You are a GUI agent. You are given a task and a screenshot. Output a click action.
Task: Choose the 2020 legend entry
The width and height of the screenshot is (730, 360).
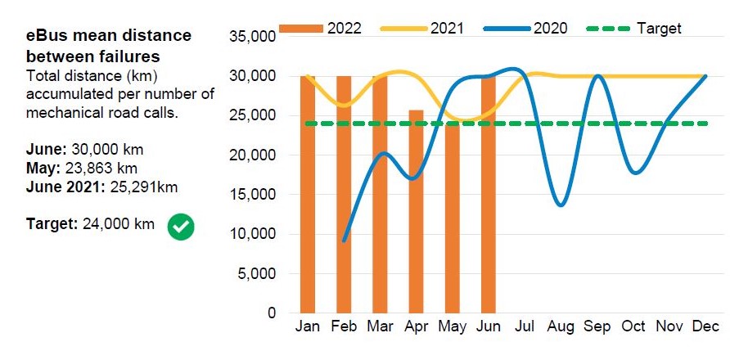525,29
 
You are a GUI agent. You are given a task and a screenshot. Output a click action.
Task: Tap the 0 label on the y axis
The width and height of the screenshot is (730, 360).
273,313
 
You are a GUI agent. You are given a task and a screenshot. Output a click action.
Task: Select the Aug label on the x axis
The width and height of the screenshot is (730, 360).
561,326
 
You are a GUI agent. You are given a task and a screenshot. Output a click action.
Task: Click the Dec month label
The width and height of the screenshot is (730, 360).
705,326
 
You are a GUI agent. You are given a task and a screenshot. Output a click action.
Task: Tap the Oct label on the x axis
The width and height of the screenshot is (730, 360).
633,326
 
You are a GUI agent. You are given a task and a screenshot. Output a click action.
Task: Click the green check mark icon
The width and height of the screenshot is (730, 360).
181,227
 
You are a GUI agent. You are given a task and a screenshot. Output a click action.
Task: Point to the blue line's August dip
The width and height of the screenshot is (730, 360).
561,205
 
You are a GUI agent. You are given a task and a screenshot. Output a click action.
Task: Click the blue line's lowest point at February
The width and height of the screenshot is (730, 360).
345,240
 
